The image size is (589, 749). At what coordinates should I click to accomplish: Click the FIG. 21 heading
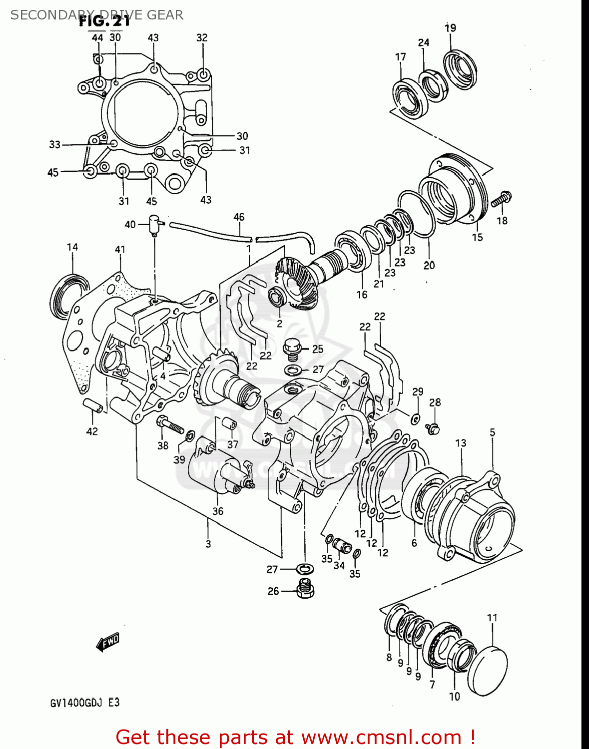click(104, 21)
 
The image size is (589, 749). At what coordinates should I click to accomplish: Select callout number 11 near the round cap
click(492, 618)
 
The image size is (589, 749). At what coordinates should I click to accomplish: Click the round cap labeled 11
click(488, 671)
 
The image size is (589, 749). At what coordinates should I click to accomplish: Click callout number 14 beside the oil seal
click(72, 247)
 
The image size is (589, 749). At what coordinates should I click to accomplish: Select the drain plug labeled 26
click(305, 589)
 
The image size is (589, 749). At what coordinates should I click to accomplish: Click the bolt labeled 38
click(169, 426)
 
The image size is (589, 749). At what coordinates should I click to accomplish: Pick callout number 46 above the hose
click(239, 217)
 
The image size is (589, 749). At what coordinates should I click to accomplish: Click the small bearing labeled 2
click(277, 298)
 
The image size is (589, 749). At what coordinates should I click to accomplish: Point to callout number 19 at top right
click(450, 27)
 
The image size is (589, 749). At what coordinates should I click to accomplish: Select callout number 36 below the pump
click(218, 511)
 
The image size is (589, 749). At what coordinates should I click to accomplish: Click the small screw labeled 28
click(433, 427)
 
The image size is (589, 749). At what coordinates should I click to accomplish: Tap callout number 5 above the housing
click(492, 432)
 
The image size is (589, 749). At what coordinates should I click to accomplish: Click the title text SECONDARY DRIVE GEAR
click(97, 15)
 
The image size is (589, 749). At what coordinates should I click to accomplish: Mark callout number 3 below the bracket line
click(208, 544)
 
